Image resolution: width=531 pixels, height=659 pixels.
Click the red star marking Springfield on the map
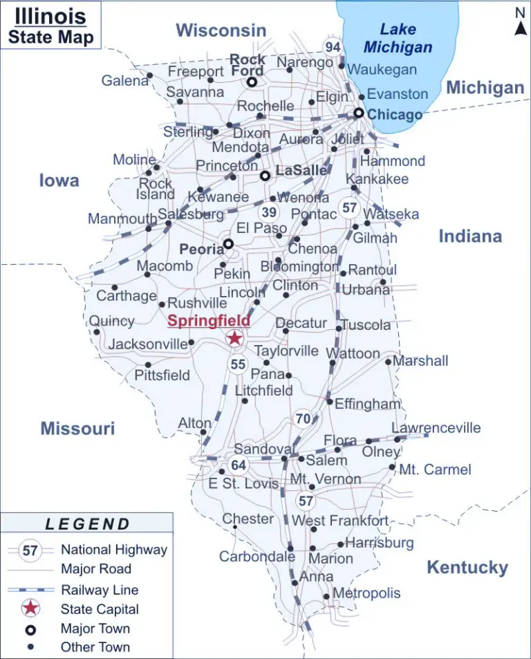point(234,337)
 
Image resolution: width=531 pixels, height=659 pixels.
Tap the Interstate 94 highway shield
point(333,47)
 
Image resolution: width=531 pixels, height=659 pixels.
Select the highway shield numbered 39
point(270,212)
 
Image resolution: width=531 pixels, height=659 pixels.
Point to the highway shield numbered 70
point(303,418)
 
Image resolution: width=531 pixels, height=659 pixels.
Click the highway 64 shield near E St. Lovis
point(239,465)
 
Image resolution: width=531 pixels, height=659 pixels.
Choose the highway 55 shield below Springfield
point(238,364)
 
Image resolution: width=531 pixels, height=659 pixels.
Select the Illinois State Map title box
point(51,26)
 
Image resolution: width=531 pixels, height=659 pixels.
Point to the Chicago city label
point(395,115)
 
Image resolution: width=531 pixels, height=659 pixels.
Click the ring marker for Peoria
point(228,243)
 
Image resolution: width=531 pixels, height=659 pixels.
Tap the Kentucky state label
point(467,568)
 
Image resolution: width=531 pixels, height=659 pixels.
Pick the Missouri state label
point(77,428)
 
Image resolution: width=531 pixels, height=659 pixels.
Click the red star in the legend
point(30,609)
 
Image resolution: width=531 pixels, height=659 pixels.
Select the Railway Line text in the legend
point(100,590)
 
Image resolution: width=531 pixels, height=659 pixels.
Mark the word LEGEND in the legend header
point(87,524)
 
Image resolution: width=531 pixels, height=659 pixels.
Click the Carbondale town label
point(257,556)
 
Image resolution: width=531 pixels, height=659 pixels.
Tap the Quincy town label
point(112,321)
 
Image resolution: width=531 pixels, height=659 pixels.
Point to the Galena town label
point(125,81)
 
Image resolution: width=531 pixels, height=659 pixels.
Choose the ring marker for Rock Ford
point(252,82)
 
